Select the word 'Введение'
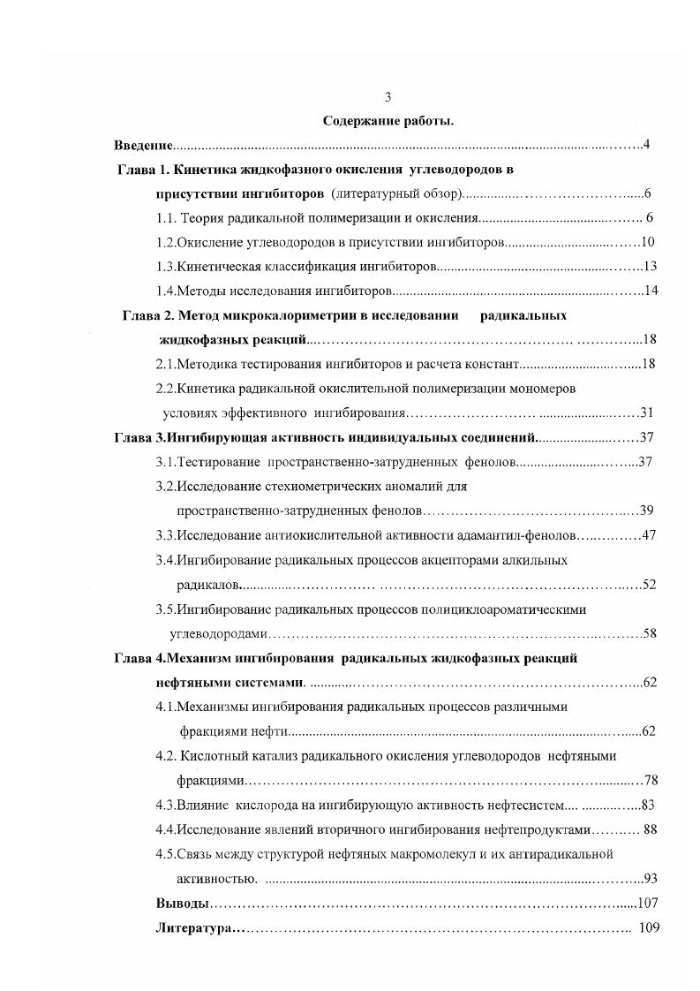coord(143,144)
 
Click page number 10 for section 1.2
coord(646,241)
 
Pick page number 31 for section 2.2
coord(647,412)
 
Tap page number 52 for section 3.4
coord(649,584)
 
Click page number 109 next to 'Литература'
coord(647,928)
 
